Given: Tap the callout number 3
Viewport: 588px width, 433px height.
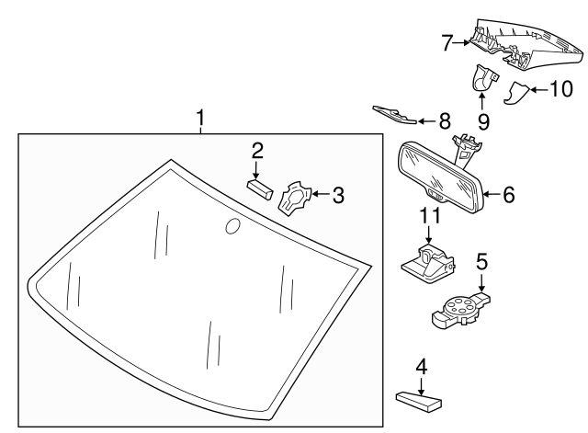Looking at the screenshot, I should (x=338, y=195).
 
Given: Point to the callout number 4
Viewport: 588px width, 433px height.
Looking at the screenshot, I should (x=421, y=367).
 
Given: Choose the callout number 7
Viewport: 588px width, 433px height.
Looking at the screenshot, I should (x=447, y=41).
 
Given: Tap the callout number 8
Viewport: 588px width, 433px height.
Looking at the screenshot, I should (x=445, y=120).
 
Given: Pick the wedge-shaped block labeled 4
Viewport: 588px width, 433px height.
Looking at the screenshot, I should (x=418, y=400).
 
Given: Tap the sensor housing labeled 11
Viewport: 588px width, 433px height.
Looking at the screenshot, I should (x=424, y=262).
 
